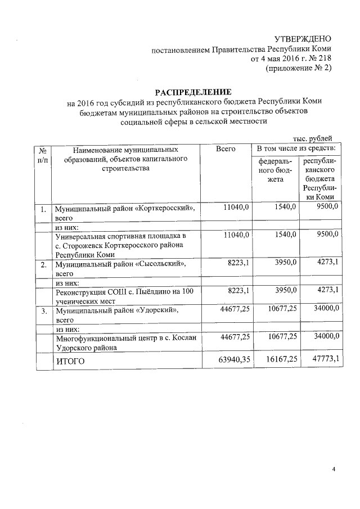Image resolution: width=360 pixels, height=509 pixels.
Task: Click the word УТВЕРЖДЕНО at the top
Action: point(303,39)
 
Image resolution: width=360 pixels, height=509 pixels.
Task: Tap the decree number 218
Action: point(325,58)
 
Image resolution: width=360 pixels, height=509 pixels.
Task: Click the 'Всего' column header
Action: point(226,149)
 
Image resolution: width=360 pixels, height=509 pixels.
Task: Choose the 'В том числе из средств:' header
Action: point(296,149)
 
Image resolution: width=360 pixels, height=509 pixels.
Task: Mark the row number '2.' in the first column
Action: point(43,263)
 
